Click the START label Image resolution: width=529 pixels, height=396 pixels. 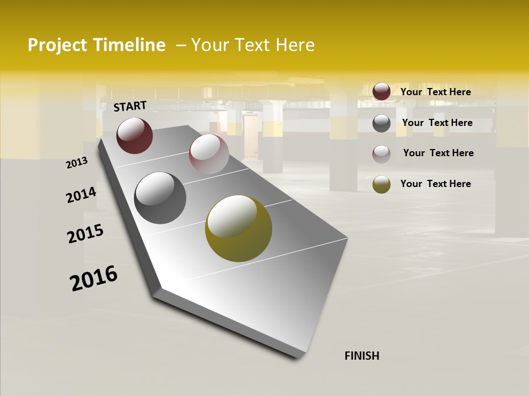(130, 106)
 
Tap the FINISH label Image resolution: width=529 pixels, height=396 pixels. (362, 356)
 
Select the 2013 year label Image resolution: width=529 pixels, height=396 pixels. (77, 163)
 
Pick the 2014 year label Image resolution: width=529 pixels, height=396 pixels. (81, 195)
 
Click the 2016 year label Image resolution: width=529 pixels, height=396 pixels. (94, 278)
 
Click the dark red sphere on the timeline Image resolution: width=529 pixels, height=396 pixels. (134, 135)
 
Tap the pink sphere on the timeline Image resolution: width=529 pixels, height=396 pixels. (209, 154)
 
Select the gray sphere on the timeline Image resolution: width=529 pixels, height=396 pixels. (160, 198)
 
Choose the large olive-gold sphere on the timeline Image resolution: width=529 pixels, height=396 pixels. (239, 228)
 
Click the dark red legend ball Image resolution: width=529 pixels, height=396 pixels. (381, 91)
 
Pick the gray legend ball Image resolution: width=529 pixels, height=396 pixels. (381, 123)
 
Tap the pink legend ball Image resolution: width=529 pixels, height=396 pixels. (381, 153)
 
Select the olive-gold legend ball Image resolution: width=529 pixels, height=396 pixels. (381, 184)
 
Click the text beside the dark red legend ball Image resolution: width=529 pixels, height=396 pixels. (435, 92)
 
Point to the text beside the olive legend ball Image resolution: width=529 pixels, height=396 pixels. (435, 184)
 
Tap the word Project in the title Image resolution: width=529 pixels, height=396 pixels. (58, 45)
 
